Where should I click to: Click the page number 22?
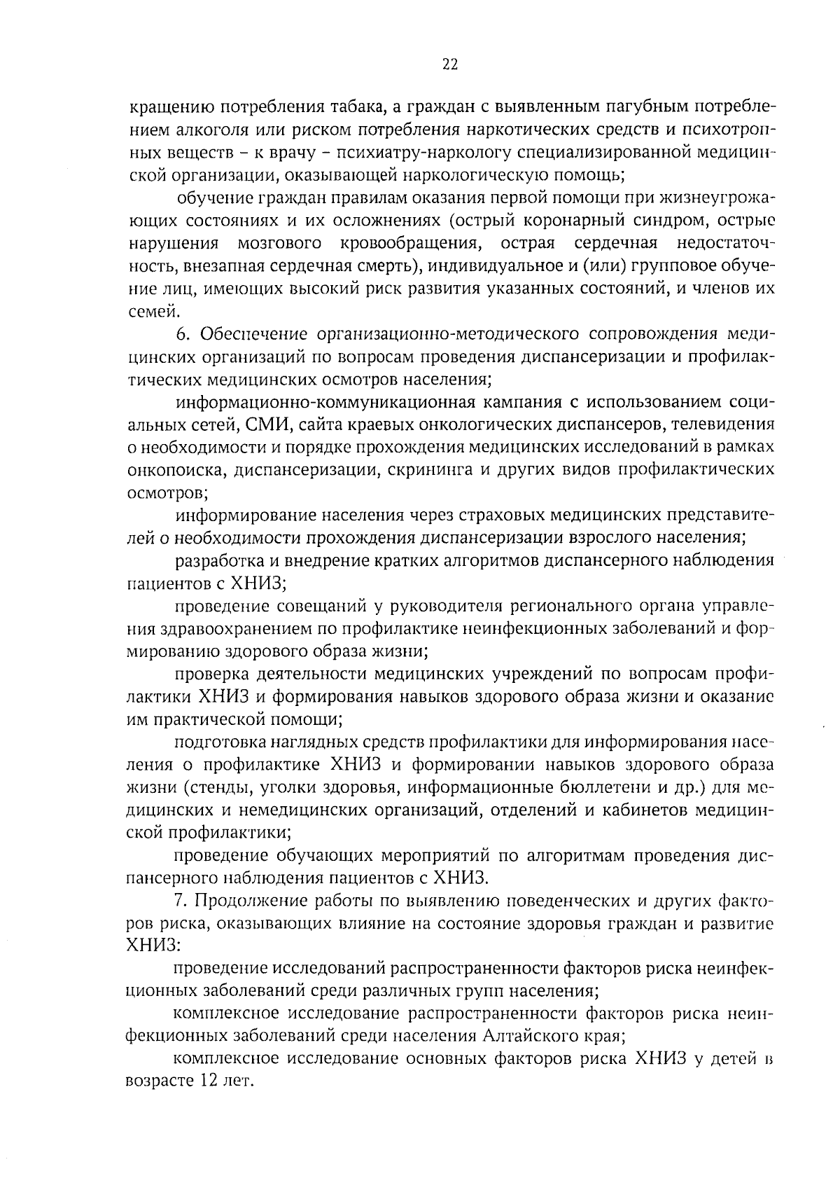449,65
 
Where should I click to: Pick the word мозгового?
279,243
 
